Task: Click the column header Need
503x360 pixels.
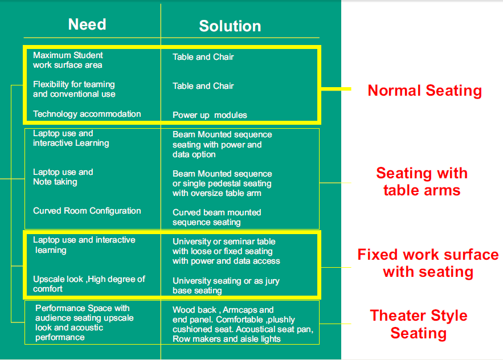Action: (87, 24)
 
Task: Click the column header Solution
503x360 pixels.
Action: (230, 26)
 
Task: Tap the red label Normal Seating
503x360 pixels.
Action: (425, 91)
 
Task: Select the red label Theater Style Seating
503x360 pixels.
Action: (419, 324)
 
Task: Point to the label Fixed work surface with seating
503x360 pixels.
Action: (428, 263)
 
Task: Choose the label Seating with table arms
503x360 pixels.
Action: (422, 182)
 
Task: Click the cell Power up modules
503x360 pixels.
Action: (210, 115)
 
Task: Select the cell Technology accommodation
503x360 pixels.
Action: (87, 114)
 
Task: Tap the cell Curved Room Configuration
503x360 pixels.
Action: (87, 211)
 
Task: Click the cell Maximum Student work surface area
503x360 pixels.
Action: (68, 60)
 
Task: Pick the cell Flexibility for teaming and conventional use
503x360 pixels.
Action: (74, 89)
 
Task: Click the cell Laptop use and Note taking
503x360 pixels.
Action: (63, 177)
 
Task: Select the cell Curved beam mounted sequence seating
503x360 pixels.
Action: (217, 217)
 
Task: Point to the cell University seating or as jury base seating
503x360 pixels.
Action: (226, 285)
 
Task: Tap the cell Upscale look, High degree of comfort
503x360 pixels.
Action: (89, 284)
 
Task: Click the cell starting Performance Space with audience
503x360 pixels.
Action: (84, 323)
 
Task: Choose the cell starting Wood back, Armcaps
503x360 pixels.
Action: (243, 324)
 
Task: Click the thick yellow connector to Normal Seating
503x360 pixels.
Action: (336, 89)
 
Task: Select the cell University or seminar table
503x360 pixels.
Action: (226, 251)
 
